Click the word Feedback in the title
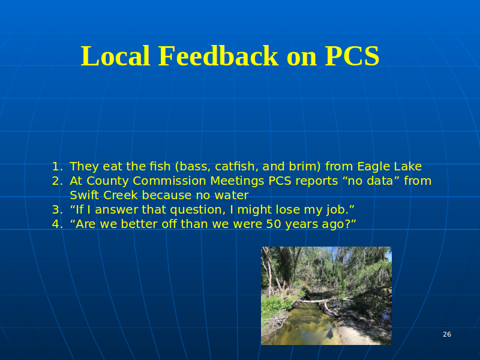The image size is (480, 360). pos(218,56)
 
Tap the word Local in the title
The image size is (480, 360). pos(115,56)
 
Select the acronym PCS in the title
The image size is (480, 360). pos(352,56)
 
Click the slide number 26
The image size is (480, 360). pos(446,334)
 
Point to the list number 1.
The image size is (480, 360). pos(57,167)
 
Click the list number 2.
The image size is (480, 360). pos(57,181)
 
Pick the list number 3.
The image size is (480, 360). pos(57,209)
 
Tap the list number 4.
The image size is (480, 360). pos(57,224)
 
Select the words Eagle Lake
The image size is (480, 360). pos(389,167)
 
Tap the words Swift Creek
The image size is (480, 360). pos(104,196)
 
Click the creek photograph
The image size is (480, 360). pos(326,296)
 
